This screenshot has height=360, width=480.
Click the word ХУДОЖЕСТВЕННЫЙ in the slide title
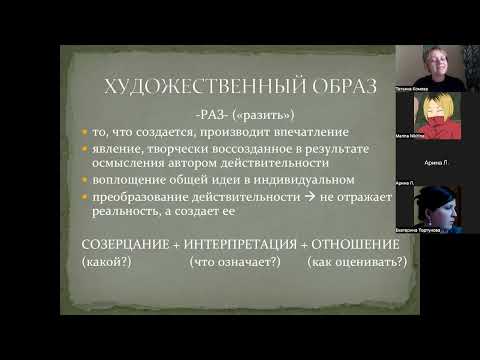point(184,88)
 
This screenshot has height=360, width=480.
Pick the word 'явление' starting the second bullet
point(122,148)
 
